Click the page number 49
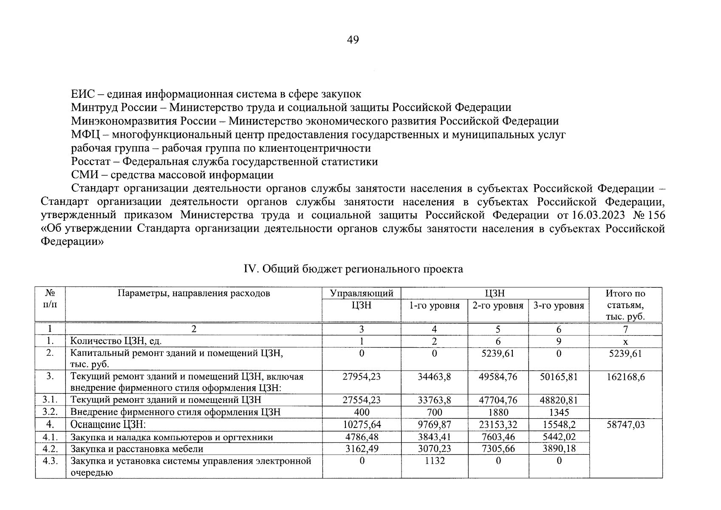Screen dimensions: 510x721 pyautogui.click(x=353, y=40)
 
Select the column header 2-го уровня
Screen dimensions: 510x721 pyautogui.click(x=498, y=306)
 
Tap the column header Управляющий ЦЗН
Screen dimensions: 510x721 pyautogui.click(x=361, y=299)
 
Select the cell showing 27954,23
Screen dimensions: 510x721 pyautogui.click(x=361, y=377)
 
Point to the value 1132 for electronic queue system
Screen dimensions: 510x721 pyautogui.click(x=434, y=461)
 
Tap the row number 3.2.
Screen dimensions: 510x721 pyautogui.click(x=50, y=412)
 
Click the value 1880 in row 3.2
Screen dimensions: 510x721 pyautogui.click(x=498, y=412)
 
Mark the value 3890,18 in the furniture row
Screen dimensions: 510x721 pyautogui.click(x=559, y=449)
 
